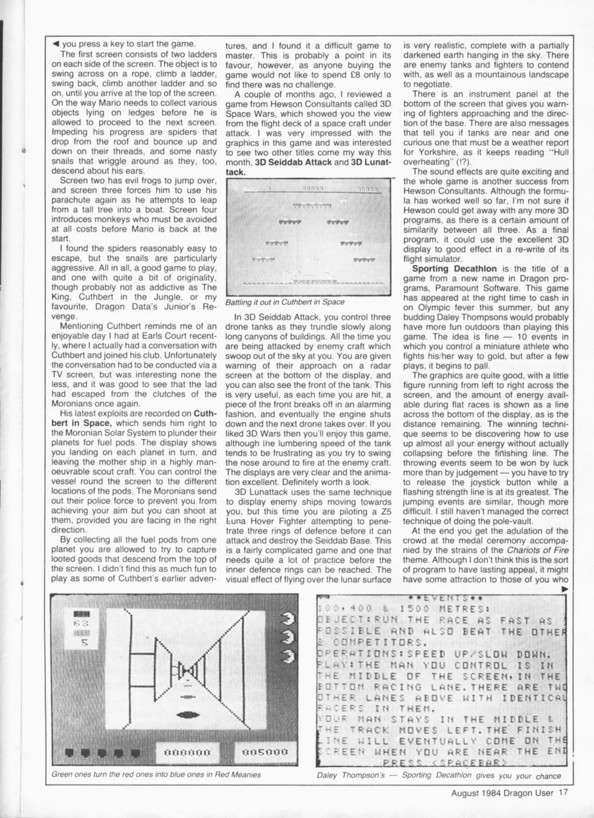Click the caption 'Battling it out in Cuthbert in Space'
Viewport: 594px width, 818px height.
pyautogui.click(x=285, y=302)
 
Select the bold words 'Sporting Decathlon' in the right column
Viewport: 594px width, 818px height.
pyautogui.click(x=454, y=269)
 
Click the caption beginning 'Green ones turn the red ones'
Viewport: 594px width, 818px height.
pyautogui.click(x=156, y=774)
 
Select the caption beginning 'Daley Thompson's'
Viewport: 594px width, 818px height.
pyautogui.click(x=438, y=775)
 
